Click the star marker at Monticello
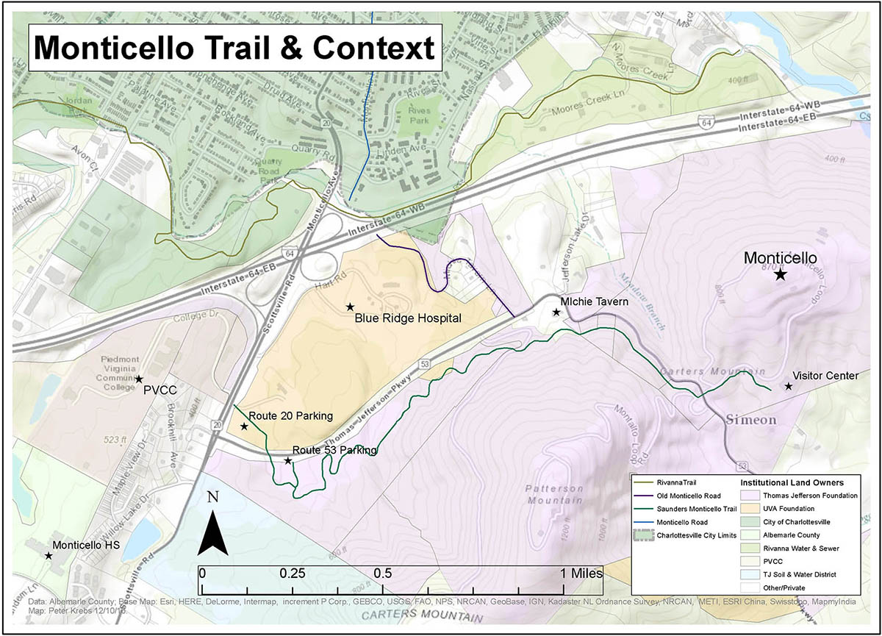(780, 274)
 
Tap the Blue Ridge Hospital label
(407, 318)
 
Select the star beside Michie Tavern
(556, 312)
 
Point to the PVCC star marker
(138, 379)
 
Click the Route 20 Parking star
(244, 426)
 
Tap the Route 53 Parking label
(334, 450)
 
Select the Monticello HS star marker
(49, 556)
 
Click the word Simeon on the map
(751, 420)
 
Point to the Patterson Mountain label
(555, 494)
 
